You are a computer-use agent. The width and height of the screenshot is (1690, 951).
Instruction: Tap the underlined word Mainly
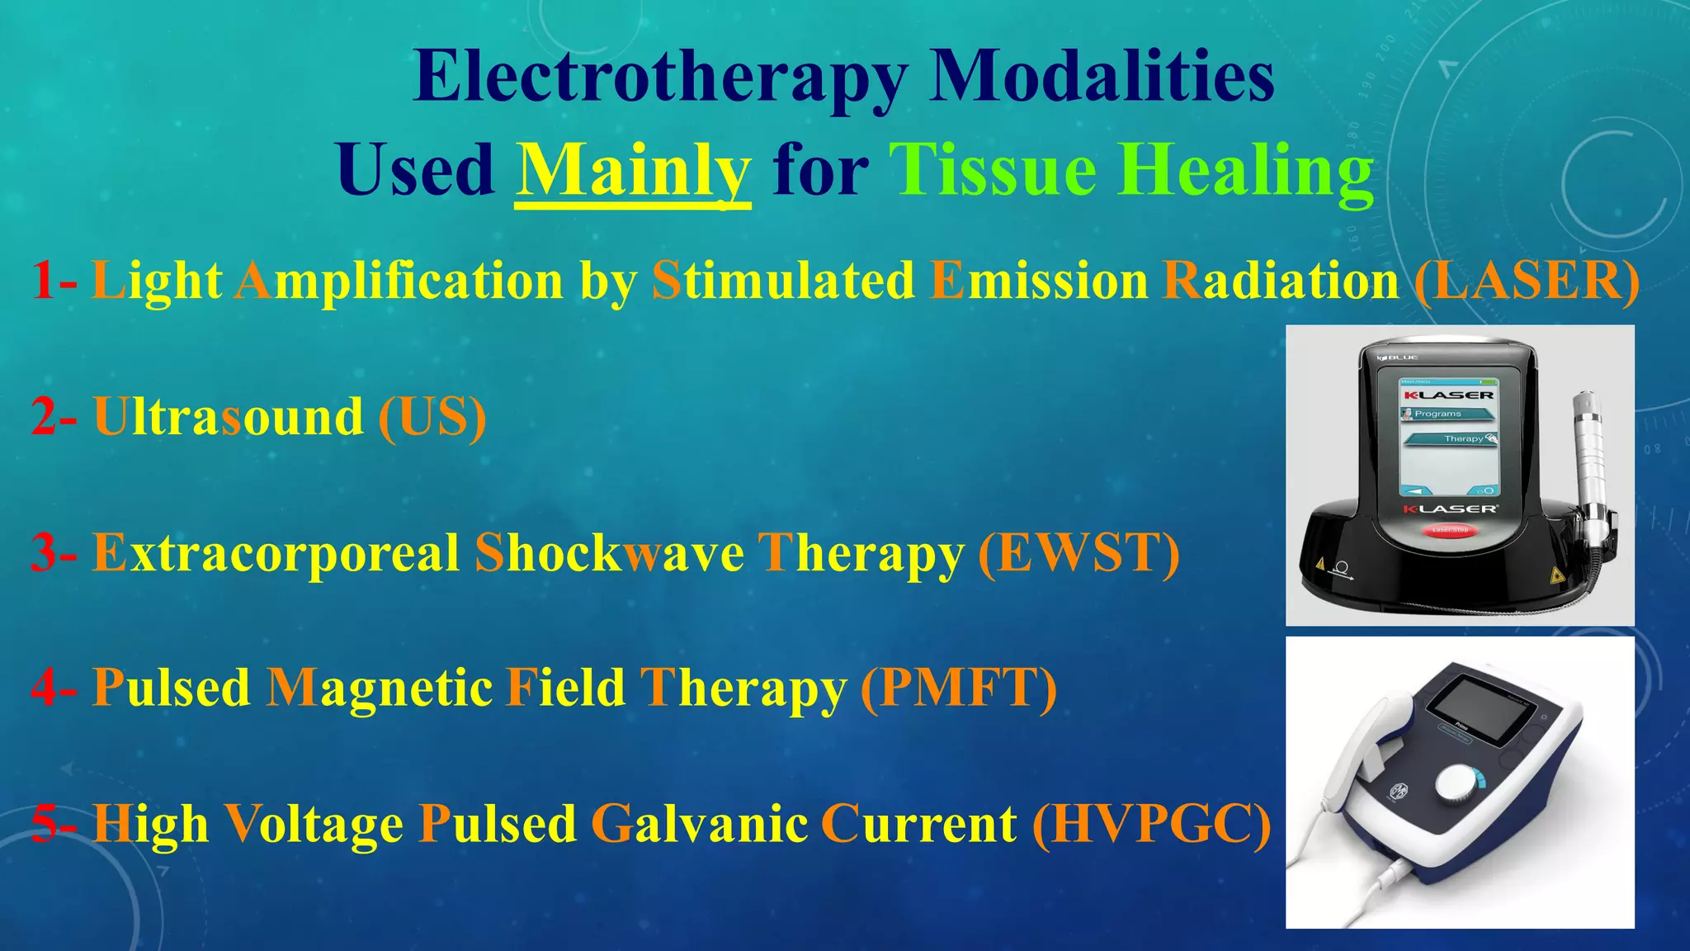tap(633, 171)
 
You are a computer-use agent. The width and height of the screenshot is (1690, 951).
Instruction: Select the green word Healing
tap(1246, 171)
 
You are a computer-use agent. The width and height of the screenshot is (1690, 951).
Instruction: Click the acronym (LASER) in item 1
tap(1526, 282)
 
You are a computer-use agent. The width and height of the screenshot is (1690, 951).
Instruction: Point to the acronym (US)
tap(432, 417)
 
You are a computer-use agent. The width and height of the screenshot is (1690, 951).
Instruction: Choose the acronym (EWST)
tap(1078, 553)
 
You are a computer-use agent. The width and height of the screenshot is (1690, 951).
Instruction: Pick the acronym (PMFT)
tap(958, 688)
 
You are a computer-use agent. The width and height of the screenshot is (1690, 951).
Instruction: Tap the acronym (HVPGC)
tap(1151, 824)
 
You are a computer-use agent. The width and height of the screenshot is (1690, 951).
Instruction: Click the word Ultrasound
tap(228, 417)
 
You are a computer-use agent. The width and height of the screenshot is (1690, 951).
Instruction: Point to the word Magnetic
tap(379, 688)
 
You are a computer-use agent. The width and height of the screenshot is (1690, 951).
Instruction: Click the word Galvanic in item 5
tap(699, 824)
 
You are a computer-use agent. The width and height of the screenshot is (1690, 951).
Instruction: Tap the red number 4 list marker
tap(45, 688)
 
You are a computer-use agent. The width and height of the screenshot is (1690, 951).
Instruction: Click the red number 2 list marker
tap(45, 417)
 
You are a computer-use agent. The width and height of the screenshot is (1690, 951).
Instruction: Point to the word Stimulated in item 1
tap(783, 282)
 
